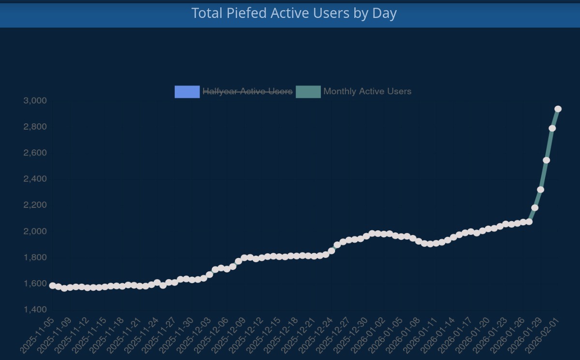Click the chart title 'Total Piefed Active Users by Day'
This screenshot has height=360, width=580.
(x=294, y=13)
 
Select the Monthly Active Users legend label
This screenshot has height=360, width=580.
(x=367, y=91)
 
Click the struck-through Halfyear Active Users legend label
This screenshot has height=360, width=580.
(x=247, y=91)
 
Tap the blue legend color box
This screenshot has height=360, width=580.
(x=187, y=91)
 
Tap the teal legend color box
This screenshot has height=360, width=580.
(x=308, y=91)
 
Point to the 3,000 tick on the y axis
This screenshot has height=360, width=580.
(x=35, y=101)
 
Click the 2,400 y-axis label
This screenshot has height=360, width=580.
(x=35, y=179)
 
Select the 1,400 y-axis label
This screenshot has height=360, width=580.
(x=35, y=310)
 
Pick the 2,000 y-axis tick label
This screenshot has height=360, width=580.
(x=35, y=231)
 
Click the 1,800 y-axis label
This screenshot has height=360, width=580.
(x=35, y=258)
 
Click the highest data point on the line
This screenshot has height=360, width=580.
(x=558, y=109)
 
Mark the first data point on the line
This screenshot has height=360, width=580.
(x=53, y=286)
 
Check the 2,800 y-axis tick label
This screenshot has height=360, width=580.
(x=35, y=127)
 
